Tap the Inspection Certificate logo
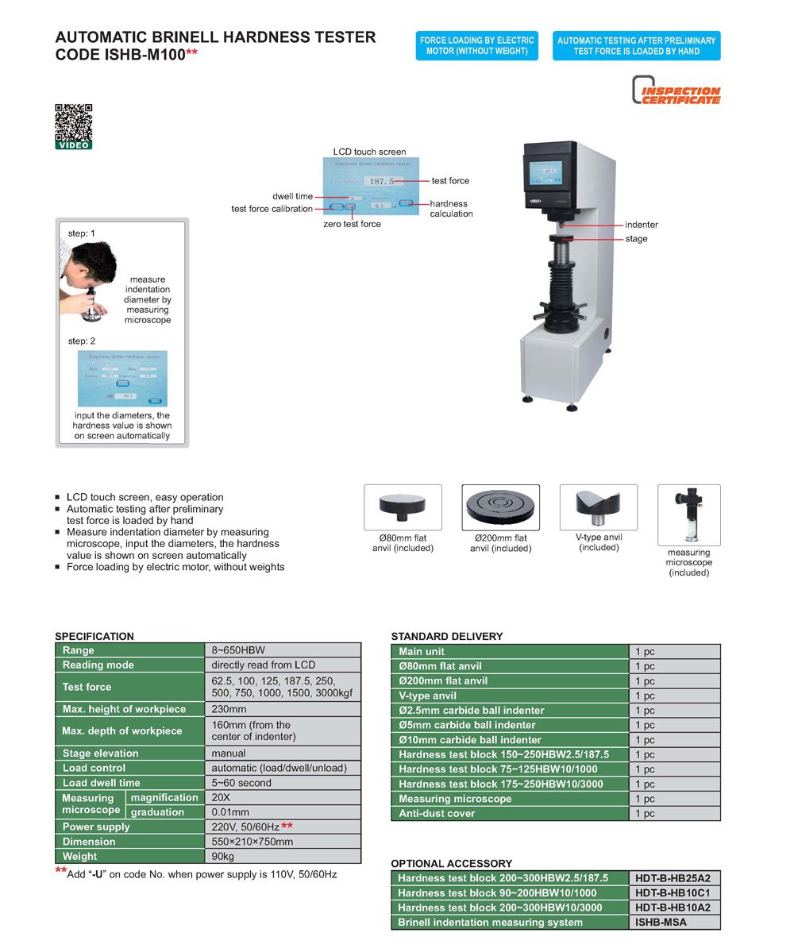tap(676, 91)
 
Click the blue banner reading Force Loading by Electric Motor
tap(476, 46)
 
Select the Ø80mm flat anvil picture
tap(403, 507)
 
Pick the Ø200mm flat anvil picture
tap(500, 507)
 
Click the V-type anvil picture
tap(598, 507)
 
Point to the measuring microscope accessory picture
tap(688, 515)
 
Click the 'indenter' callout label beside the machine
tap(641, 225)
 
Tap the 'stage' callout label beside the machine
tap(636, 239)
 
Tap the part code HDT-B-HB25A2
tap(674, 878)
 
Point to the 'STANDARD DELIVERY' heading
tap(446, 636)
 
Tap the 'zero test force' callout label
tap(352, 224)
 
